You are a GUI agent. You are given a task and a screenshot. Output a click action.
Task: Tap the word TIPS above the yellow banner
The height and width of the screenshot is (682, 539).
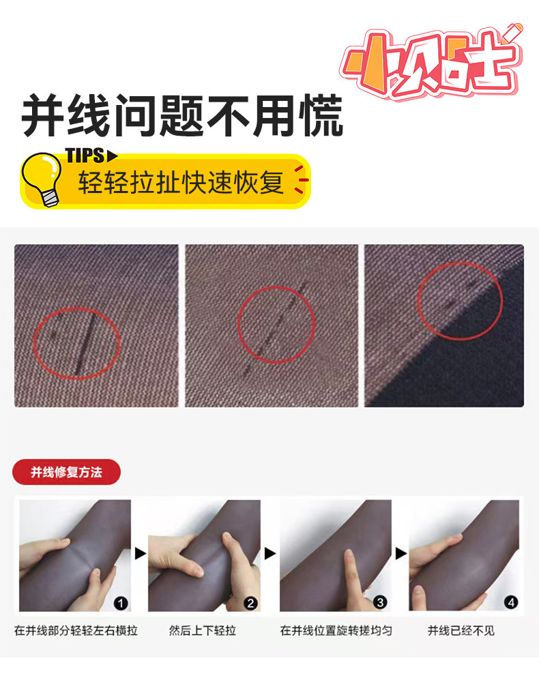click(x=85, y=155)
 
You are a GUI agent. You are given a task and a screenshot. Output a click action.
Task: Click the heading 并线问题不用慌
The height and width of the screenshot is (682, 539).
click(x=182, y=116)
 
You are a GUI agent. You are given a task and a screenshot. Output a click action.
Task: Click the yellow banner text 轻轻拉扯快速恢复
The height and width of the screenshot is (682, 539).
click(x=181, y=182)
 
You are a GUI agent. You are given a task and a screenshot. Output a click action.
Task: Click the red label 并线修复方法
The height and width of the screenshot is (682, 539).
click(x=66, y=472)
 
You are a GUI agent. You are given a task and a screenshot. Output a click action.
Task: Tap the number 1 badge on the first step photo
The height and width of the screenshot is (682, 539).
click(x=121, y=604)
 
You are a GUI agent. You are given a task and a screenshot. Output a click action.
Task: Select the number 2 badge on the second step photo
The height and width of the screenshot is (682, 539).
click(x=250, y=604)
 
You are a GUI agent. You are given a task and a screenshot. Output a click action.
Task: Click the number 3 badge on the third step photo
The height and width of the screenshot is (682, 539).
click(x=380, y=602)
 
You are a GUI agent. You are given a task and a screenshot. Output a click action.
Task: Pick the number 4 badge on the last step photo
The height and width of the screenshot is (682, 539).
click(x=511, y=602)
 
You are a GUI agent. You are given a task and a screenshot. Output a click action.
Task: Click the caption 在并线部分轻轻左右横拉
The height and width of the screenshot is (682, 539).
click(x=76, y=631)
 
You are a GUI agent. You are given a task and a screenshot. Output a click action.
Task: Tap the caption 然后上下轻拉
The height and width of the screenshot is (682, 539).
click(x=203, y=631)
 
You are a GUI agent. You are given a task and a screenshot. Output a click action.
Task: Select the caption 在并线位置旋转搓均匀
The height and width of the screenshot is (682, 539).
click(x=336, y=631)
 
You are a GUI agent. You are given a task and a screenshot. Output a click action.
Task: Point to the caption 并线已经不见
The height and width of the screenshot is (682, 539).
click(x=461, y=631)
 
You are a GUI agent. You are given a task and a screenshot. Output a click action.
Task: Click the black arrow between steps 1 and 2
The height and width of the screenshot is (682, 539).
click(x=140, y=554)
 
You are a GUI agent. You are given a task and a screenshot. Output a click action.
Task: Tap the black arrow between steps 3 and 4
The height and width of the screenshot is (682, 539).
click(x=400, y=554)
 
